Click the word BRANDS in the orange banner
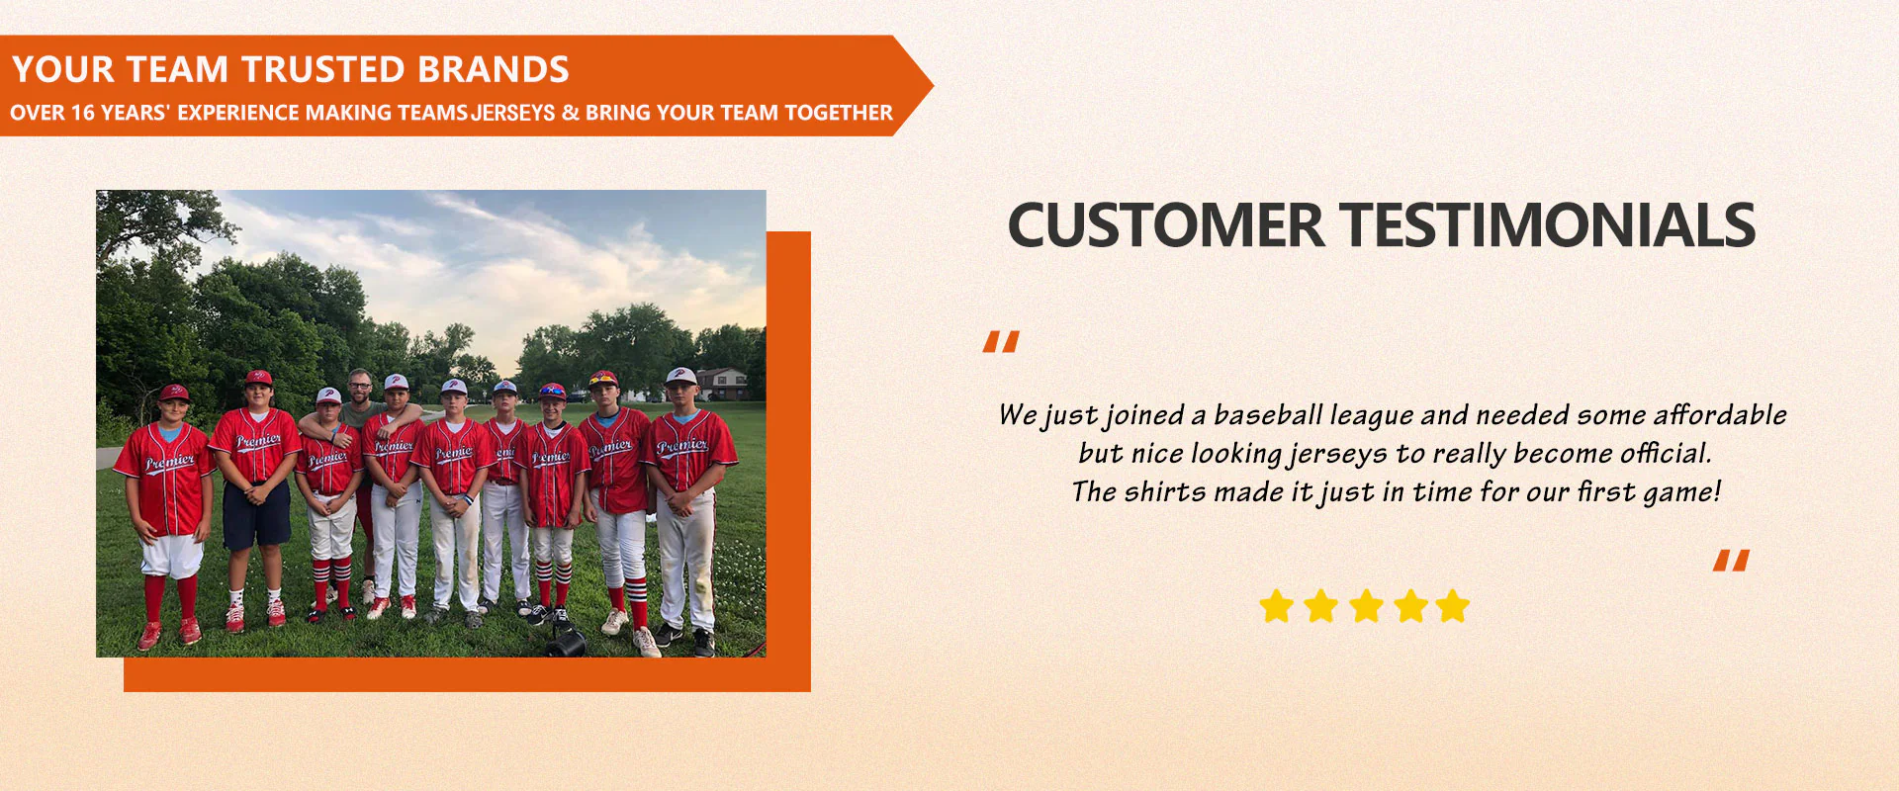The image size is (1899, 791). click(493, 69)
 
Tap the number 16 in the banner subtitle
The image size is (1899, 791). click(83, 113)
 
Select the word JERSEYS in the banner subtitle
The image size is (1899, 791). click(513, 113)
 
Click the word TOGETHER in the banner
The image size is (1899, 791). click(839, 113)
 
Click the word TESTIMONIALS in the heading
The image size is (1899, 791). click(1548, 224)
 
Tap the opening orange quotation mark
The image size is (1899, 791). click(1001, 342)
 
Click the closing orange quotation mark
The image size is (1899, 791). click(1731, 561)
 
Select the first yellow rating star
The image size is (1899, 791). click(1276, 605)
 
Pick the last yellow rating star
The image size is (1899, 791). click(1453, 605)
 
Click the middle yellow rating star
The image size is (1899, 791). click(1366, 605)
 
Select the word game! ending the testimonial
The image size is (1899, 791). click(1682, 492)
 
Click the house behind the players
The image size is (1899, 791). click(722, 383)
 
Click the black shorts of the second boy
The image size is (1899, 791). click(256, 514)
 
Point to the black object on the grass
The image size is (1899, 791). click(566, 643)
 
